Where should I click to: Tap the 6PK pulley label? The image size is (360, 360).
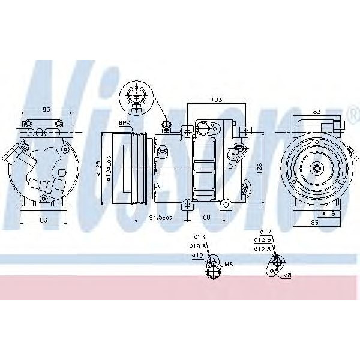(125, 123)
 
